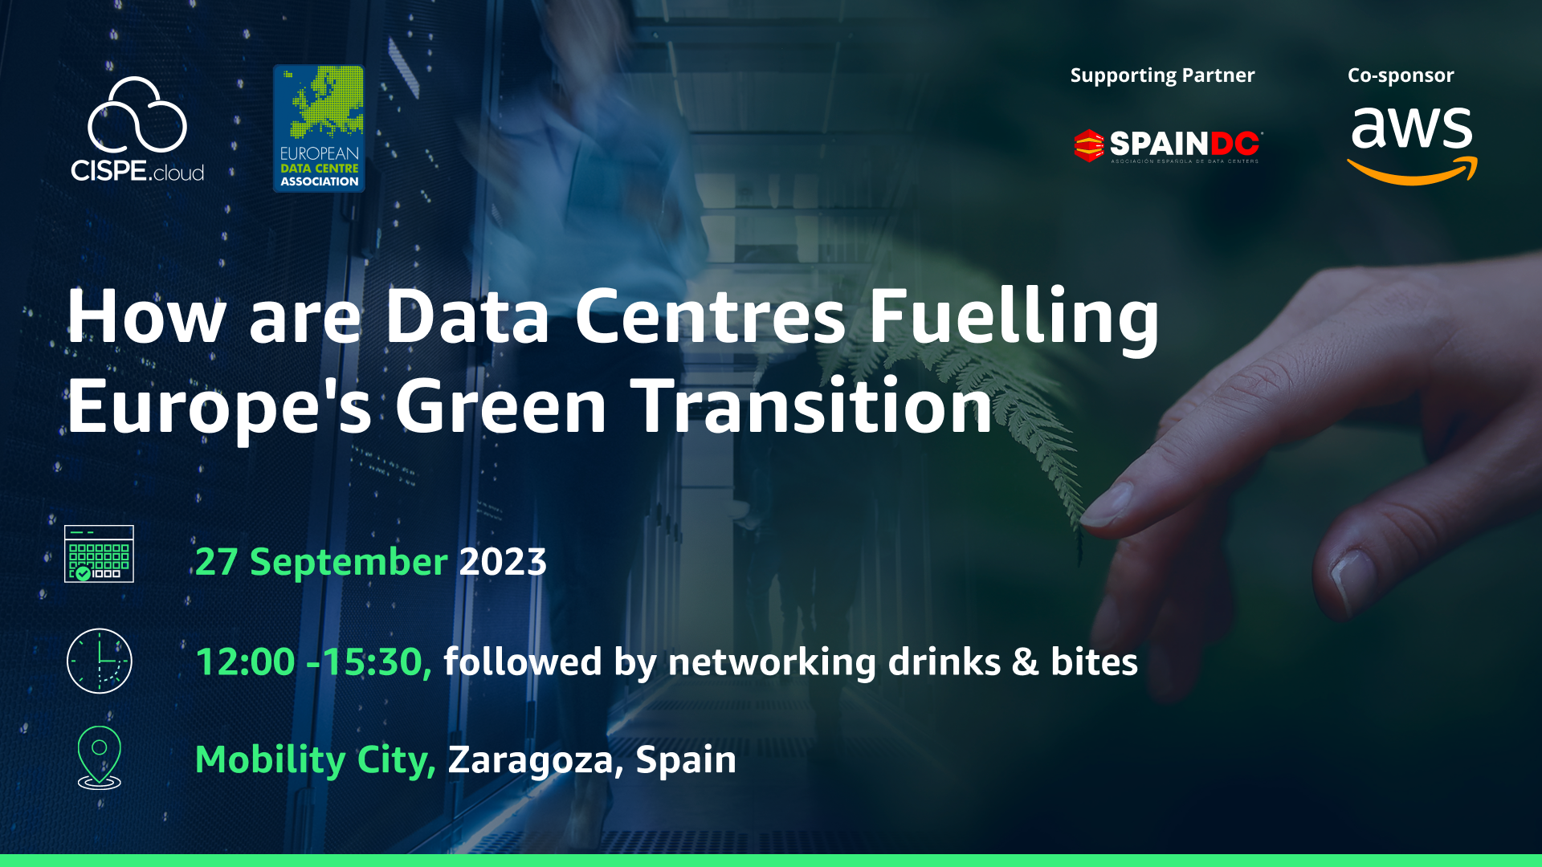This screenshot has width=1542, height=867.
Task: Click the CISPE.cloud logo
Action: click(x=137, y=129)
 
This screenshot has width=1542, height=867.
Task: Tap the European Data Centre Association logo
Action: click(x=319, y=128)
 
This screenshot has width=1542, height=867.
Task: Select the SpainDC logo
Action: click(x=1168, y=145)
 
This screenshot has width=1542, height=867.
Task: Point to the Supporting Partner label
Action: click(x=1162, y=75)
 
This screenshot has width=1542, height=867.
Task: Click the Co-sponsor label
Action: click(x=1401, y=75)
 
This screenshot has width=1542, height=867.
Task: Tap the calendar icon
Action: click(x=99, y=554)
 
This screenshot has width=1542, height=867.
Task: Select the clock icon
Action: click(x=99, y=661)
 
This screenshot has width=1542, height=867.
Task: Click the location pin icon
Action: click(x=100, y=758)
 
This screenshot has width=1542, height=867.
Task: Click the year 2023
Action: click(x=503, y=562)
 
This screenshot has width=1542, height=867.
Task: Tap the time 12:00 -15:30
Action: click(x=313, y=662)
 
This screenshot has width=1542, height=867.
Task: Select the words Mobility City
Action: click(x=315, y=760)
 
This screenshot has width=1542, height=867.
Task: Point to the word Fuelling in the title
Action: click(x=1014, y=318)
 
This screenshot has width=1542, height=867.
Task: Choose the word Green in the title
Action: click(x=500, y=406)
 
